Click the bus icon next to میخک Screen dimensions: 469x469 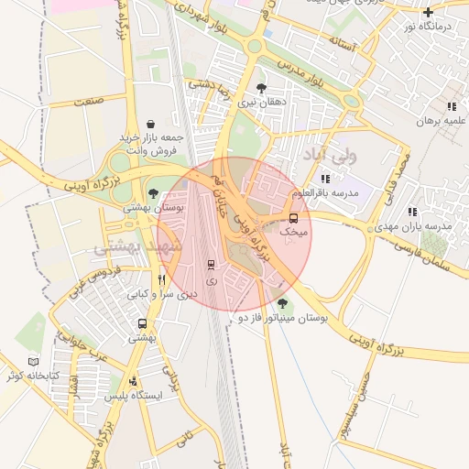click(293, 218)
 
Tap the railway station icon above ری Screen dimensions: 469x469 click(212, 264)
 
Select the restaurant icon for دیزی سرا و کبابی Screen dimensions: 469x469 click(162, 280)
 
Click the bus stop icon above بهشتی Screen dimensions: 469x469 click(142, 324)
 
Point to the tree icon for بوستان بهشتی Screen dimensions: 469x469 click(153, 193)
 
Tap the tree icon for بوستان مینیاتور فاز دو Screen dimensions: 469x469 click(281, 303)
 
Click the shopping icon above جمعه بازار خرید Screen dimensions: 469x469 click(150, 124)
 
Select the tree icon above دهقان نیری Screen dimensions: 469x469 click(262, 89)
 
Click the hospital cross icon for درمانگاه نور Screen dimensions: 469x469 click(428, 12)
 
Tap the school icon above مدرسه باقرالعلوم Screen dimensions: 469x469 click(325, 179)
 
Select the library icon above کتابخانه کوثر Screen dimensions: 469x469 click(33, 362)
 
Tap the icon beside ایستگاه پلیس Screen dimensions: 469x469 click(134, 381)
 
